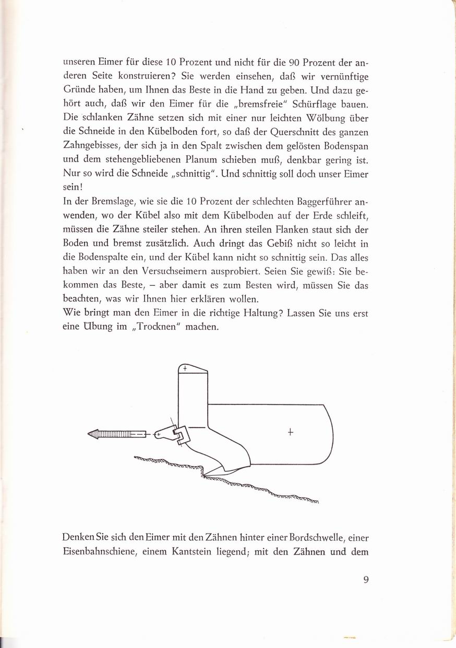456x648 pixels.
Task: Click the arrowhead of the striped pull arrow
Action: click(x=93, y=433)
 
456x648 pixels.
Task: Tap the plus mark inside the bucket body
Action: click(x=291, y=432)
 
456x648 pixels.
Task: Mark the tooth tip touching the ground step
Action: click(x=205, y=475)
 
